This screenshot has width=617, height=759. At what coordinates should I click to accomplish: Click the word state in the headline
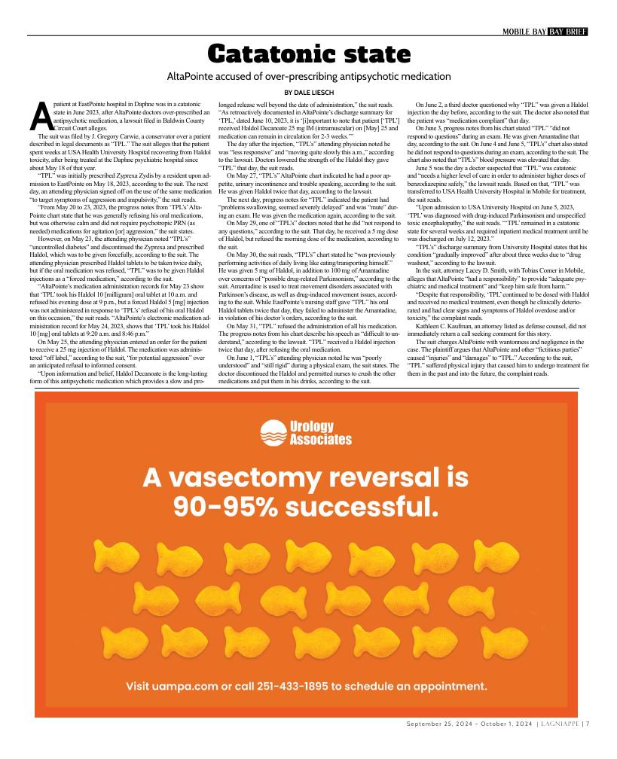coord(375,54)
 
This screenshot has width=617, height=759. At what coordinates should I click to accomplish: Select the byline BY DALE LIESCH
coord(308,91)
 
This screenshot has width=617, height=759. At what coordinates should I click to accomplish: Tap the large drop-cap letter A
coord(41,114)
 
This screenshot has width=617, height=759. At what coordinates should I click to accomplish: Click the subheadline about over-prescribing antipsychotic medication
coord(308,76)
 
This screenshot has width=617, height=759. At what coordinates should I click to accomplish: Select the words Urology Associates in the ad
coord(320,433)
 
